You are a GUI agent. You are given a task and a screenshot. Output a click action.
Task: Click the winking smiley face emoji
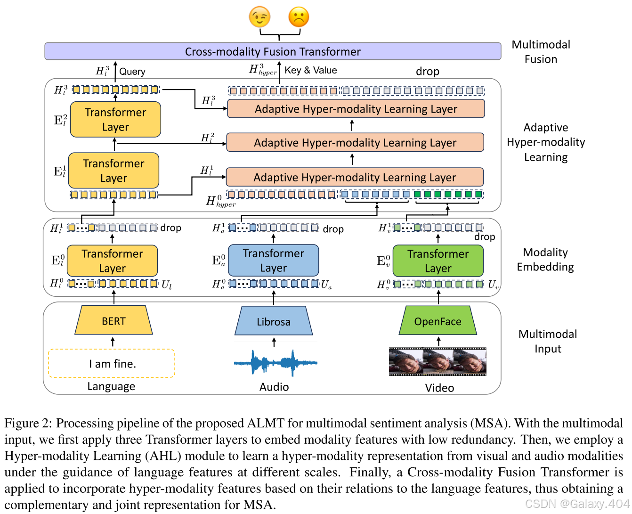[259, 17]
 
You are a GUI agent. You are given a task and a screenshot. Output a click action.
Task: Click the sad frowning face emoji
[299, 17]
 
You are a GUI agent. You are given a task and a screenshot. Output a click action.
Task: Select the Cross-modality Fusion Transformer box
[273, 51]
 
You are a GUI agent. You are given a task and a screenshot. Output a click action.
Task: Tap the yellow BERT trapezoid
[113, 321]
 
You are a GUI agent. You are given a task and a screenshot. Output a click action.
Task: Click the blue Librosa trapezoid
[274, 321]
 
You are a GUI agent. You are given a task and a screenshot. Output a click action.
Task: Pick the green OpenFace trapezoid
[438, 321]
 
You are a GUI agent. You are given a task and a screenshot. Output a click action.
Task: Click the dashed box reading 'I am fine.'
[112, 363]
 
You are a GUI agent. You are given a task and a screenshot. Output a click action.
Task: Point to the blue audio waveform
[275, 363]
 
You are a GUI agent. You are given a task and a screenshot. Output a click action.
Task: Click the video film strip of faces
[438, 361]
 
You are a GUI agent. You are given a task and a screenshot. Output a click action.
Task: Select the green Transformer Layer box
[438, 261]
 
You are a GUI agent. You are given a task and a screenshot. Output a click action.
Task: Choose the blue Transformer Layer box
[274, 260]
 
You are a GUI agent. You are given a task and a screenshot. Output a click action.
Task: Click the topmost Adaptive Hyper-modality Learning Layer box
[356, 109]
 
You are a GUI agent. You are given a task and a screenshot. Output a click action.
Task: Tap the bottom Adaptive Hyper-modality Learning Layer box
[355, 177]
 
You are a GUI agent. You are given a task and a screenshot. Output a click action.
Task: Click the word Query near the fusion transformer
[132, 72]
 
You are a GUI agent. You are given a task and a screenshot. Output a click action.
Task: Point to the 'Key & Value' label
[311, 70]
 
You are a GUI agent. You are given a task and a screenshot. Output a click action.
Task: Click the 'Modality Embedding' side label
[545, 260]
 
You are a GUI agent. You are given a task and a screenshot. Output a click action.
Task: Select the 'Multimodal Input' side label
[548, 341]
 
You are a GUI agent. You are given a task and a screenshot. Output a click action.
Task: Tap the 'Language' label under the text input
[111, 386]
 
